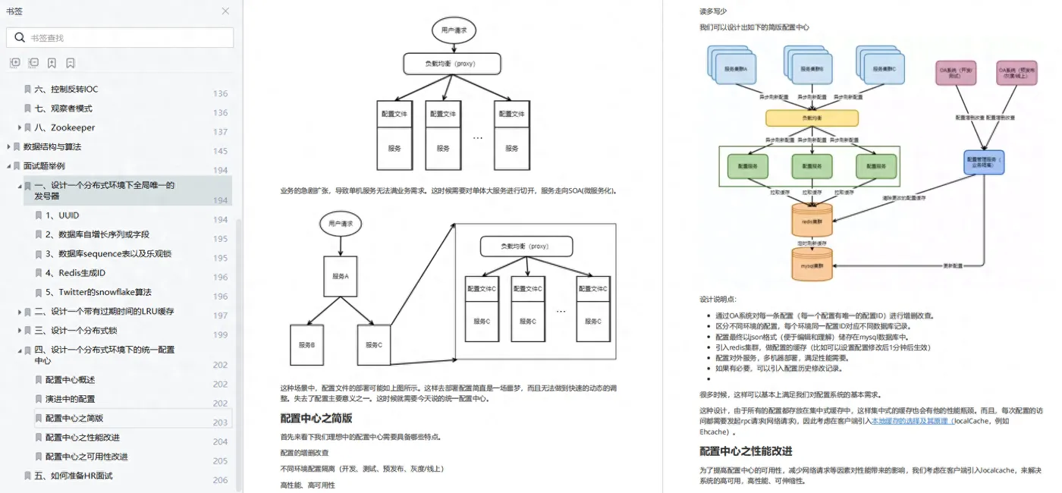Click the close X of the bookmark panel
click(x=225, y=11)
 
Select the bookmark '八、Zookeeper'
click(x=72, y=127)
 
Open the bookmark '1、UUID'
click(x=68, y=215)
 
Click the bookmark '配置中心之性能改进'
click(x=82, y=438)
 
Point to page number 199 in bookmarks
click(x=220, y=334)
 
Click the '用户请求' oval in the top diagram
click(x=454, y=30)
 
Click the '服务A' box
click(x=341, y=276)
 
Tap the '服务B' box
click(x=306, y=345)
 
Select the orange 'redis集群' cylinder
click(x=812, y=220)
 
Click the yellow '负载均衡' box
click(x=812, y=118)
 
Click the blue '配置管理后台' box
click(x=985, y=161)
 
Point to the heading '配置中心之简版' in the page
click(x=316, y=418)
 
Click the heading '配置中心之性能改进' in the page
click(x=746, y=451)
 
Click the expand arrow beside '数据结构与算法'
click(x=8, y=146)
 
